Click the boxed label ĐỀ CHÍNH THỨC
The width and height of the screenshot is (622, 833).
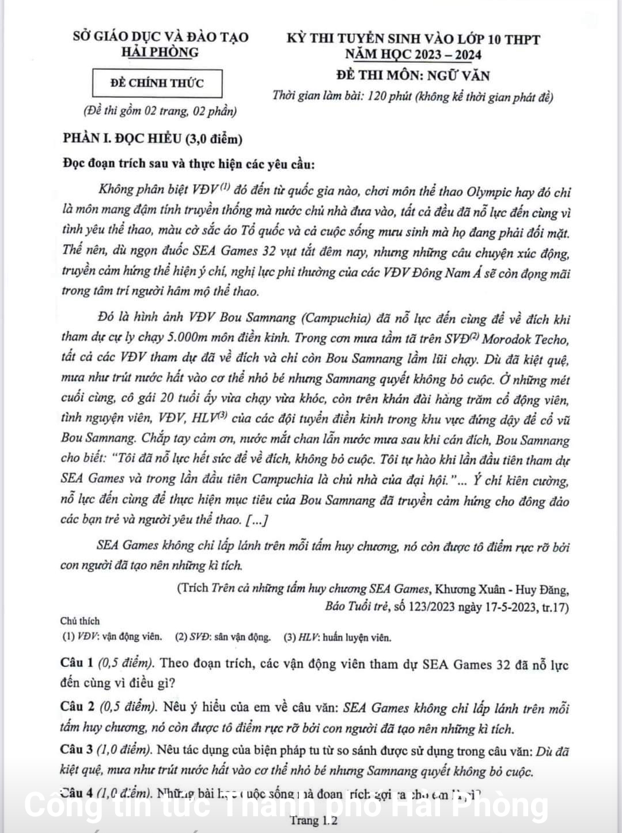tap(157, 83)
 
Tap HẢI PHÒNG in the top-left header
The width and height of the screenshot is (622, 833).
tap(160, 52)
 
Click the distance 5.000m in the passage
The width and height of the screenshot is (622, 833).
tap(191, 338)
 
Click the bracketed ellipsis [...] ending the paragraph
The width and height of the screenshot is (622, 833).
tap(256, 520)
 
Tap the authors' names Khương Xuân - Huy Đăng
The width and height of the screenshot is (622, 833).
tap(502, 589)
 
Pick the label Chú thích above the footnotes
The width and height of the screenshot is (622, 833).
tap(80, 621)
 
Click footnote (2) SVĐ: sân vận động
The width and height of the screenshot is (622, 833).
tap(223, 637)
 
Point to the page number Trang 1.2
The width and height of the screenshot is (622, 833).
tap(314, 820)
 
